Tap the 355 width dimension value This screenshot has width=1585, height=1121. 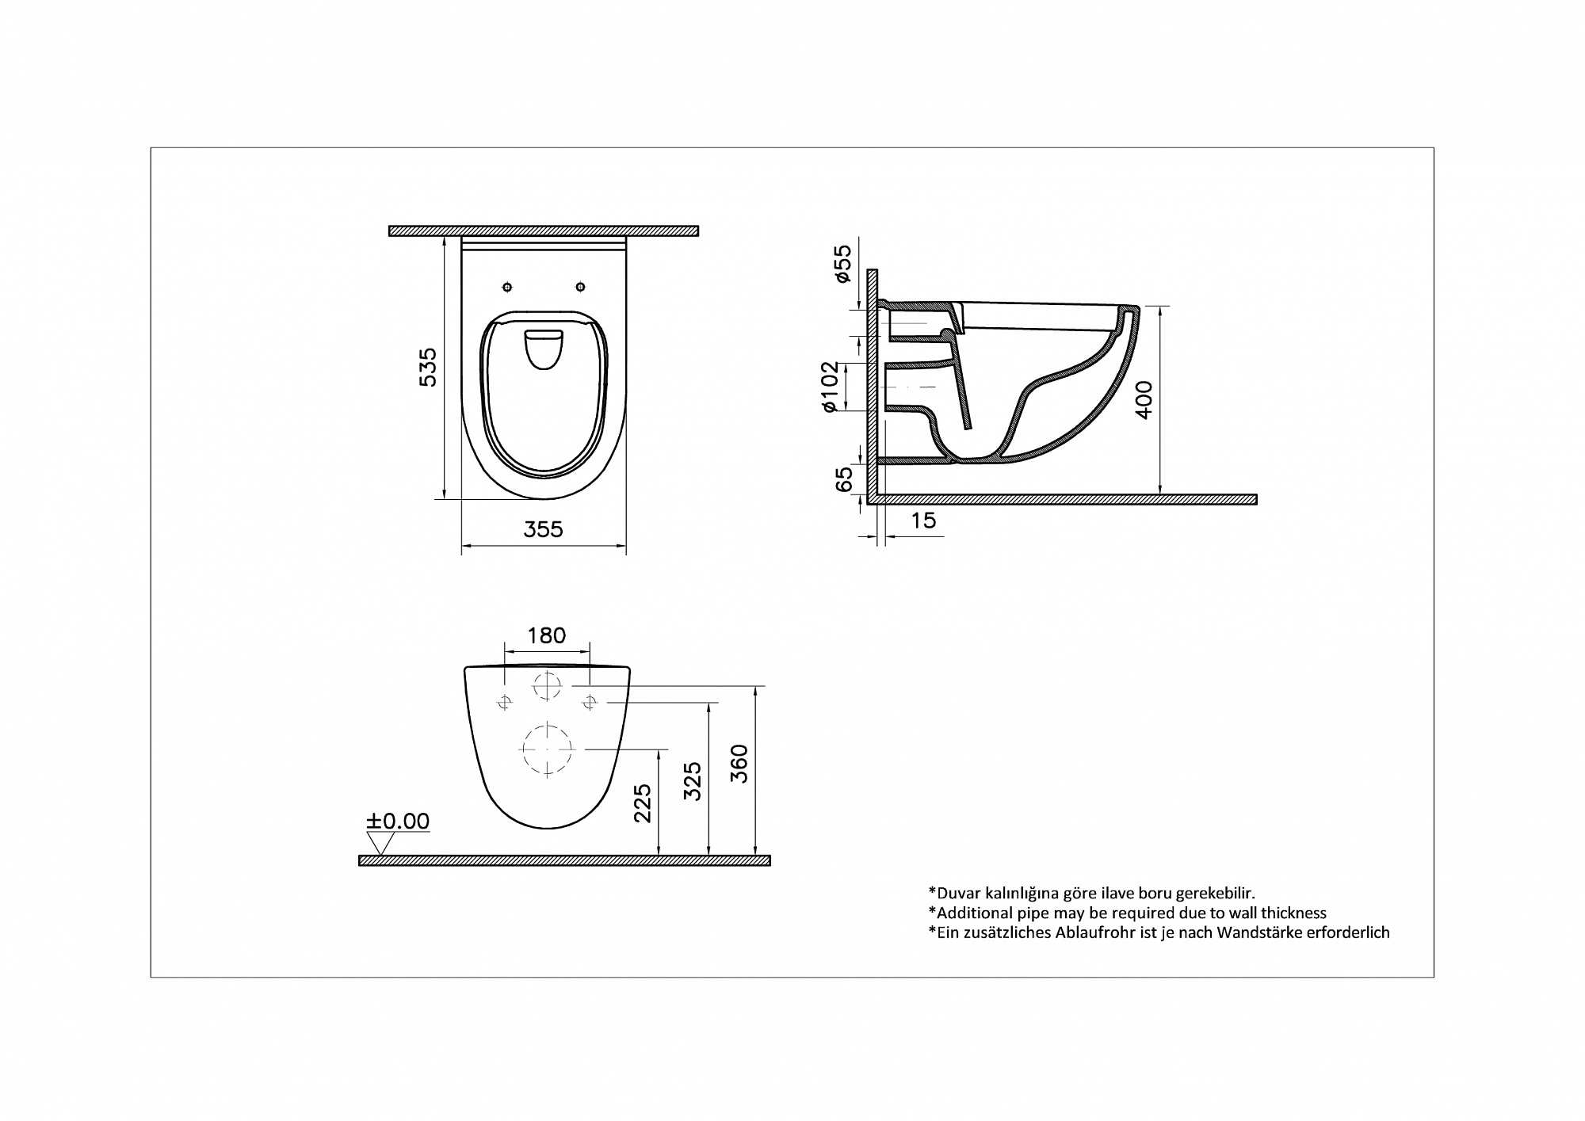coord(544,529)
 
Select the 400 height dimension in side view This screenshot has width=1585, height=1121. coord(1144,400)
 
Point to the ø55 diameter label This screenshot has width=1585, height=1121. coord(842,264)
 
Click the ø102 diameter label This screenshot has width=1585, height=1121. coord(830,387)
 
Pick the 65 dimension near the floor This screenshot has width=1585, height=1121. coord(844,479)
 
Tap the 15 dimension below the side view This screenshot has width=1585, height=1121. coord(924,520)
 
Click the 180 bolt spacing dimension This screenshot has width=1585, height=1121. coord(547,635)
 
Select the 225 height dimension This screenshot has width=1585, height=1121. coord(643,803)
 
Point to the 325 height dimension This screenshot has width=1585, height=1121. coord(693,781)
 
